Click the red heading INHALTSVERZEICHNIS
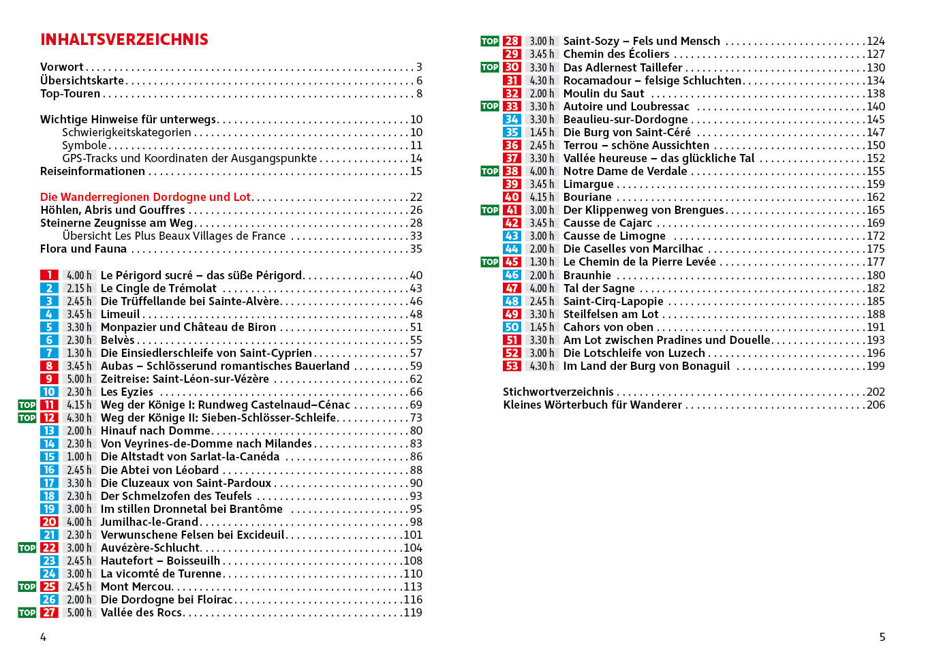click(124, 40)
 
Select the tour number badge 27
click(49, 612)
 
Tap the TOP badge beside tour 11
click(27, 405)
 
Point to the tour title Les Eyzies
click(127, 392)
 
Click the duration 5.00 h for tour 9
click(79, 379)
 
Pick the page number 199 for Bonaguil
click(876, 366)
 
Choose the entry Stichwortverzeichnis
click(558, 392)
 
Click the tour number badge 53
click(512, 366)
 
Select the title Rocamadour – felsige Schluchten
click(652, 80)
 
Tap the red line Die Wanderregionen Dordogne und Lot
click(145, 197)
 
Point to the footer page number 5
click(882, 637)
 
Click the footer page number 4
click(44, 637)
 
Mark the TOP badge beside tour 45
click(490, 262)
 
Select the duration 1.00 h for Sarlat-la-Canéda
click(79, 456)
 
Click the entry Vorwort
click(61, 67)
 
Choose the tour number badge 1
click(49, 275)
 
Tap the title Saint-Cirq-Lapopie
click(613, 301)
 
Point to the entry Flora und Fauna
click(83, 249)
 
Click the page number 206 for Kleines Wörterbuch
click(876, 405)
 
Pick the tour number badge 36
click(512, 145)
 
